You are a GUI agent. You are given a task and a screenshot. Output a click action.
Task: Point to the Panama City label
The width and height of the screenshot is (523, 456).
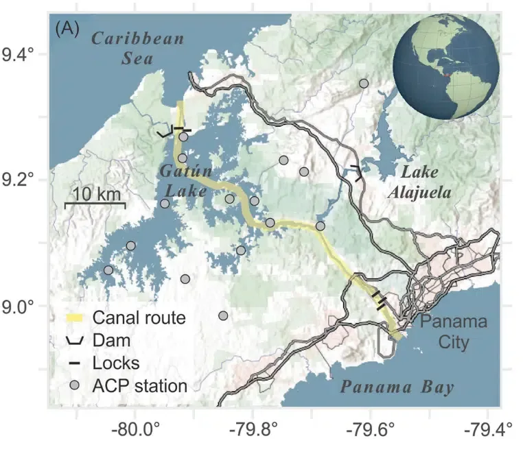454,331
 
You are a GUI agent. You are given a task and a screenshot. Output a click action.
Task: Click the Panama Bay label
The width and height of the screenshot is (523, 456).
398,387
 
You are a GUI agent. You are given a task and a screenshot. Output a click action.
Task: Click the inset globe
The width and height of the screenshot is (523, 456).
447,70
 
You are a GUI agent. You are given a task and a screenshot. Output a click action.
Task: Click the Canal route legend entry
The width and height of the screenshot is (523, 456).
128,317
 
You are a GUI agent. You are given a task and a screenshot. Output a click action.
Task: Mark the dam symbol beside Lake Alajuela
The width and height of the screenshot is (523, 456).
357,172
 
